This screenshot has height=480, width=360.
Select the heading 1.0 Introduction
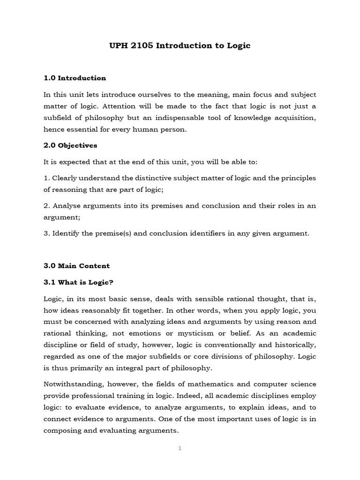75,78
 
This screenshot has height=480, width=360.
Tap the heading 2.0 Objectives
71,145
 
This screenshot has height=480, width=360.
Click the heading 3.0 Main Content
77,266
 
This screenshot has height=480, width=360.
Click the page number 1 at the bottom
180,448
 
